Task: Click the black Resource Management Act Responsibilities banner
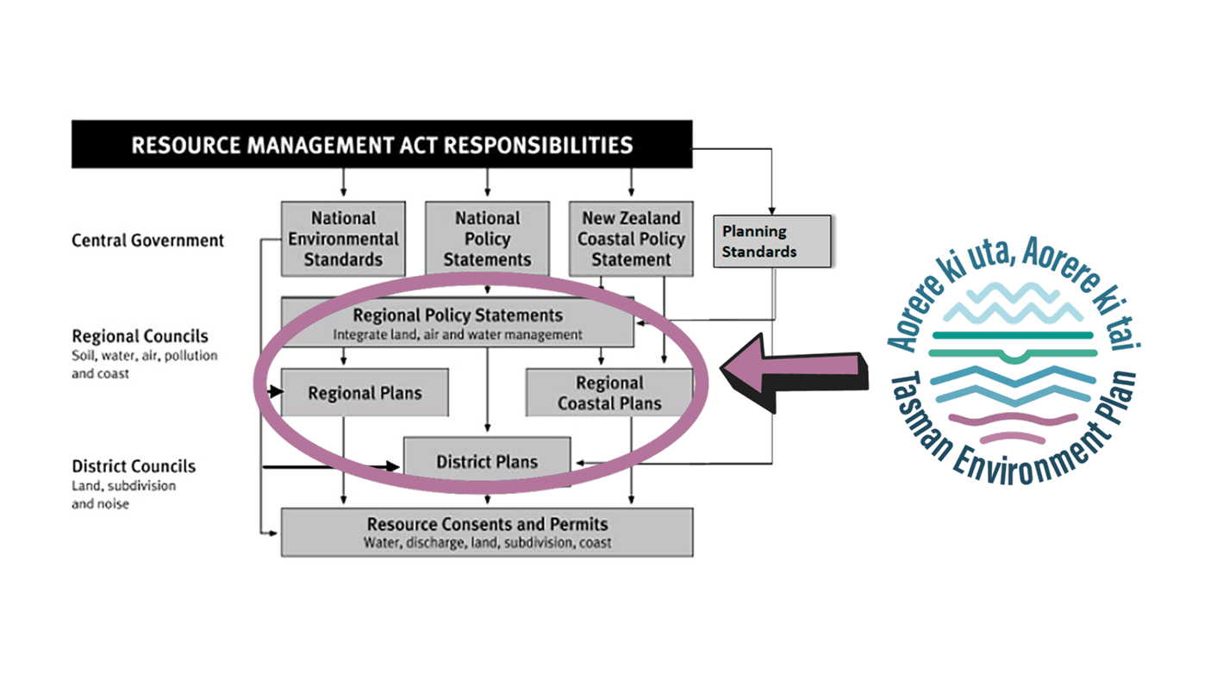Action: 381,144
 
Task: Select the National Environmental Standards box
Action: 343,239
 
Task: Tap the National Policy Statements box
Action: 487,239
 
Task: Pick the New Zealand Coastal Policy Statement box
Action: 631,239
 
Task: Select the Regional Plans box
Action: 365,393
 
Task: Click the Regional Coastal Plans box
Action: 609,393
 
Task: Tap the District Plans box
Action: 487,461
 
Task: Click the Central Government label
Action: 147,240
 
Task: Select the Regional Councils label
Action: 140,336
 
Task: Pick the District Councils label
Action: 134,466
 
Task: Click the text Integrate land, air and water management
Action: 458,334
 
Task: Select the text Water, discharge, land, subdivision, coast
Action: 487,543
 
